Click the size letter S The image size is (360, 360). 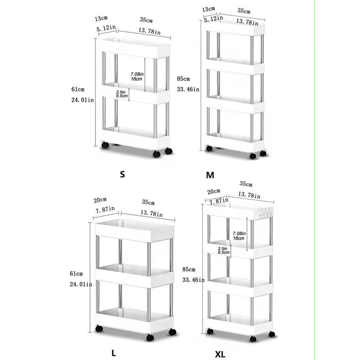[x=122, y=175]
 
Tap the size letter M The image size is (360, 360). [x=210, y=175]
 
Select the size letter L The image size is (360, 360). [x=114, y=353]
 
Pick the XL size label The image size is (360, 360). [x=220, y=354]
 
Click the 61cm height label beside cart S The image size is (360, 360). [x=77, y=90]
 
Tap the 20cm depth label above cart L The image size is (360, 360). [x=100, y=199]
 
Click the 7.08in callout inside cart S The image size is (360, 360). [x=137, y=73]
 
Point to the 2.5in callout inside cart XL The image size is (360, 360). [x=222, y=248]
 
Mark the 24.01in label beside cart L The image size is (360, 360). [x=82, y=283]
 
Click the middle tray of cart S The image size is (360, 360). [x=135, y=94]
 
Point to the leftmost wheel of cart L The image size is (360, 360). [x=99, y=328]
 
